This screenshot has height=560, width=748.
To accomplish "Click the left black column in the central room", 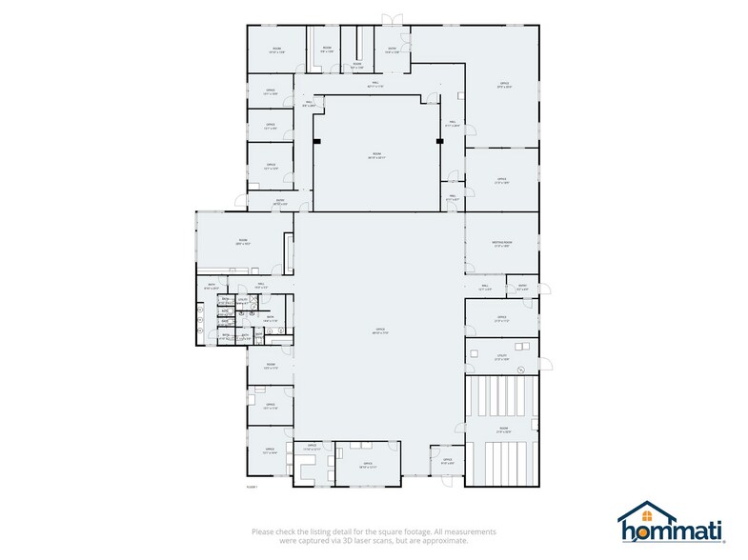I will [316, 142].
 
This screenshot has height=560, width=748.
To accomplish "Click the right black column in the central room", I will [439, 142].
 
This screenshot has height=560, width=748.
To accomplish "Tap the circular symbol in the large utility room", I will [522, 368].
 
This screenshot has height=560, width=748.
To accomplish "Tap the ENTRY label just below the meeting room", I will [522, 285].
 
